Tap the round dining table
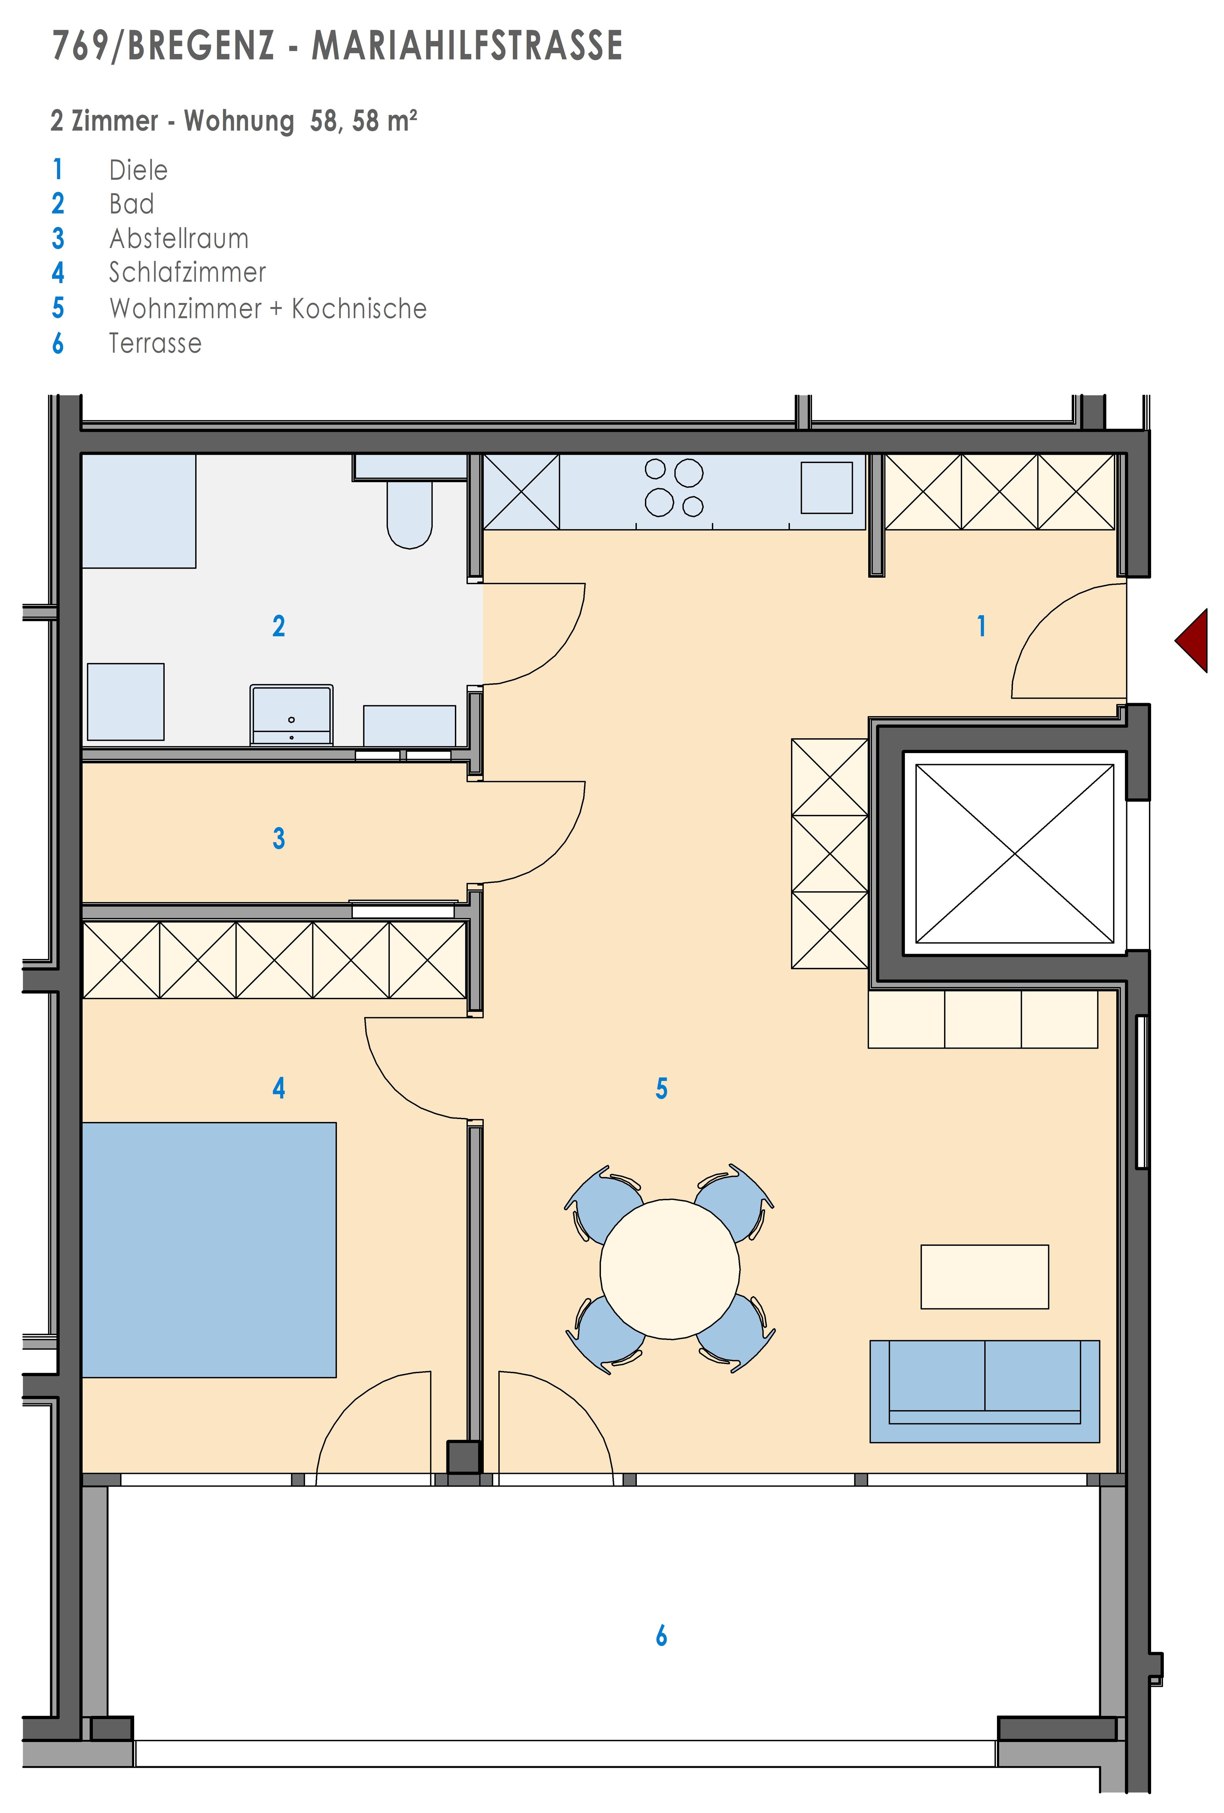coord(669,1269)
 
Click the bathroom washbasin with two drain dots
coord(291,715)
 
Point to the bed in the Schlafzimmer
coord(209,1250)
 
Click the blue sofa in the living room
coord(985,1391)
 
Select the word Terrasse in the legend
coord(155,343)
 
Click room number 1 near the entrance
coord(981,625)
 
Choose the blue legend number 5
coord(58,308)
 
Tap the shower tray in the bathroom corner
coord(139,511)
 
